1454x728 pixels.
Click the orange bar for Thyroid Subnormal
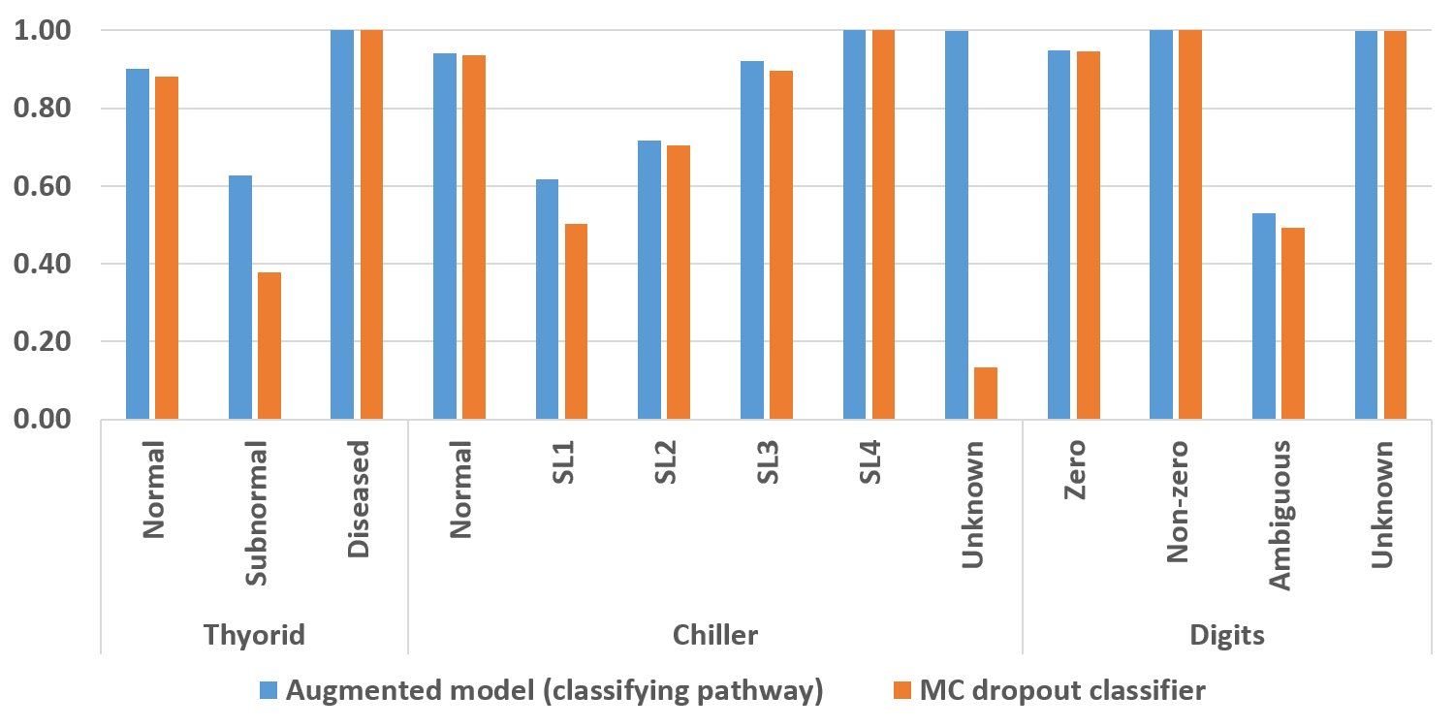click(x=269, y=346)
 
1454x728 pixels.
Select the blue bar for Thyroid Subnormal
click(x=239, y=298)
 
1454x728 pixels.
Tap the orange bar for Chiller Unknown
click(x=985, y=394)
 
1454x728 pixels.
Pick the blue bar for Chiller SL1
click(x=547, y=300)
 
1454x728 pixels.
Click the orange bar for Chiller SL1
click(x=576, y=322)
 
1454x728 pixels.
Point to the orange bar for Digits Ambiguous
click(x=1292, y=324)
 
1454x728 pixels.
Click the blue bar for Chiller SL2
click(x=649, y=280)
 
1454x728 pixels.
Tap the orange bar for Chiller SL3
click(x=780, y=245)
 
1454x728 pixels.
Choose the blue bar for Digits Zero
click(x=1059, y=235)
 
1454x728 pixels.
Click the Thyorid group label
click(x=254, y=635)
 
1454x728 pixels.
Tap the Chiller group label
click(x=714, y=635)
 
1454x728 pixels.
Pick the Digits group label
click(x=1226, y=635)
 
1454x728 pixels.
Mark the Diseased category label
click(x=358, y=498)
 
